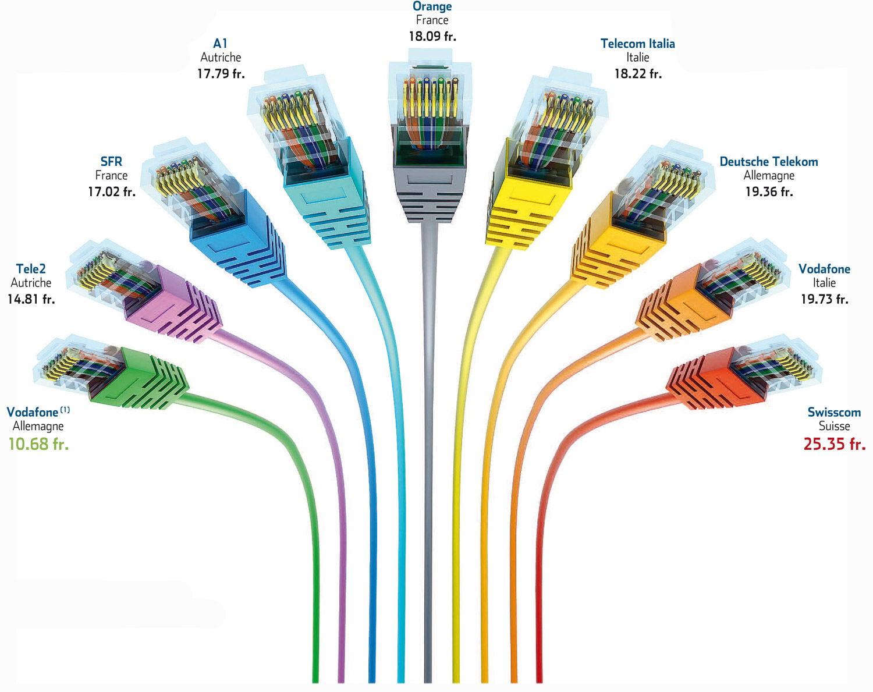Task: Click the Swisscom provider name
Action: click(834, 412)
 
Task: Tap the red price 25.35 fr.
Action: click(835, 443)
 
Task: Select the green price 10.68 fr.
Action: click(38, 443)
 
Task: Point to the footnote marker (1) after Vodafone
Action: click(65, 410)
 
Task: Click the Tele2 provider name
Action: click(31, 268)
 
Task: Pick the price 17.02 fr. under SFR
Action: click(112, 191)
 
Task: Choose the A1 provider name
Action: click(220, 44)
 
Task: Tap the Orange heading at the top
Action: click(432, 6)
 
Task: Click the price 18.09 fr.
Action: click(432, 36)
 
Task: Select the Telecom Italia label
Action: click(638, 44)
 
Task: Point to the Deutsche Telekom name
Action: click(769, 161)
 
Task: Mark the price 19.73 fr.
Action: click(824, 299)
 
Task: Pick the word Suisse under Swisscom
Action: click(834, 426)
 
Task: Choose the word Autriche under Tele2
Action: click(31, 283)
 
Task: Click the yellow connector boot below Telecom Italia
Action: click(527, 195)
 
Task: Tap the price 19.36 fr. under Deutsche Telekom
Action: click(769, 191)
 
